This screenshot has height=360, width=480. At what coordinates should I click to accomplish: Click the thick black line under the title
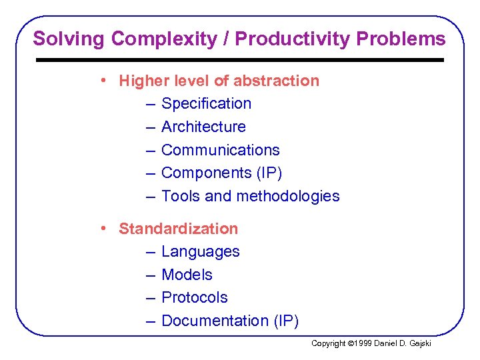[239, 60]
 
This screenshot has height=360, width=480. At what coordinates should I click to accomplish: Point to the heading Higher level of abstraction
[219, 81]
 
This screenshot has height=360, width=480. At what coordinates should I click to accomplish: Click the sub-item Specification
[206, 104]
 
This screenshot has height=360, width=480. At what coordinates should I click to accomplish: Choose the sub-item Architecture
[203, 127]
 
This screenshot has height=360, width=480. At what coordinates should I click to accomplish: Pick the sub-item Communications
[220, 150]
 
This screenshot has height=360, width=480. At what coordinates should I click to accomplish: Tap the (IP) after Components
[269, 173]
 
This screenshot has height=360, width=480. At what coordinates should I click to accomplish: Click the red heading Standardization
[178, 229]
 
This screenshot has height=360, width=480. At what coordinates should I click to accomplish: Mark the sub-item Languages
[200, 251]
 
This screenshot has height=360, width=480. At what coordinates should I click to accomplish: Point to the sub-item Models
[187, 275]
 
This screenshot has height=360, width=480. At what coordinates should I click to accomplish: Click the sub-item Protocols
[194, 297]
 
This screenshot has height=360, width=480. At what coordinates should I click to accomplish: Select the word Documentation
[215, 321]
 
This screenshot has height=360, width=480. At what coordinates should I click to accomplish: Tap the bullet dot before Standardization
[105, 229]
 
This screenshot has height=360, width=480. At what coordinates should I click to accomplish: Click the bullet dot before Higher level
[105, 81]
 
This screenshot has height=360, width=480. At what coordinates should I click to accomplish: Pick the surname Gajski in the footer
[419, 343]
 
